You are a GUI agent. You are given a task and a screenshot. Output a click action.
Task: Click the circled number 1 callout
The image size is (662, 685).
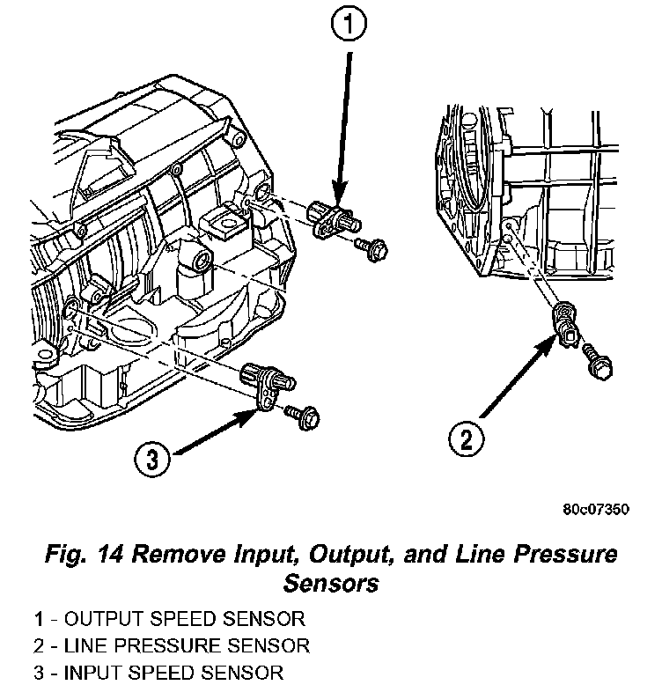tap(349, 24)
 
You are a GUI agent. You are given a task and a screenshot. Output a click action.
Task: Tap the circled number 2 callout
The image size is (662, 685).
tap(467, 438)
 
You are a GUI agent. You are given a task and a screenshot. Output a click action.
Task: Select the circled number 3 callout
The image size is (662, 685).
tap(151, 459)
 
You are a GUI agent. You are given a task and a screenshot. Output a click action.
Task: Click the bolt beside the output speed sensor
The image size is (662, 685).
tap(371, 248)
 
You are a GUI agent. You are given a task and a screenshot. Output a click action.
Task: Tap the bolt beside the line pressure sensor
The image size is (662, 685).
tap(598, 362)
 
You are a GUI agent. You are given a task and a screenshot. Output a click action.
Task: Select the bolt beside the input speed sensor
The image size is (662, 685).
tap(303, 416)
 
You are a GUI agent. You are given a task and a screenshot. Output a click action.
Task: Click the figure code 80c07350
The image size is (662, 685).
tap(596, 510)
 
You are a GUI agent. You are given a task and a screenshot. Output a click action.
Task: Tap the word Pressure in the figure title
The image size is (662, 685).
tap(566, 555)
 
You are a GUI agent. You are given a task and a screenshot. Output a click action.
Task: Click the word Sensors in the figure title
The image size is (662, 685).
tap(331, 583)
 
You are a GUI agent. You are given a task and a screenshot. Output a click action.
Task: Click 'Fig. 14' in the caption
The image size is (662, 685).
tap(85, 555)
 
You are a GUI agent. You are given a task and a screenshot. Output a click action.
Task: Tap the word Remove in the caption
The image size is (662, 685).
tap(179, 555)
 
